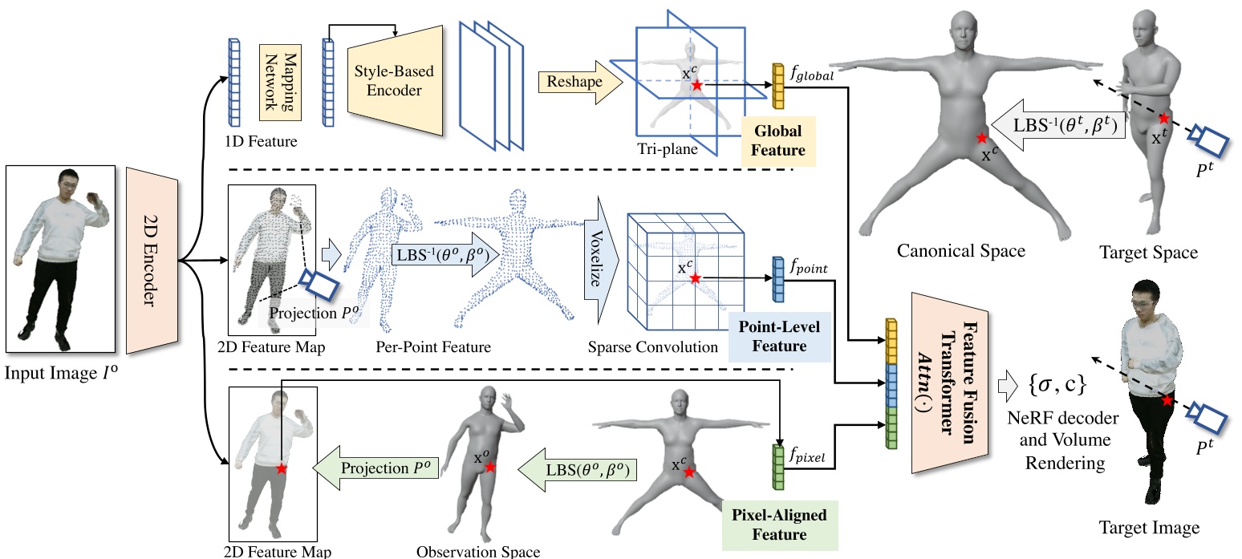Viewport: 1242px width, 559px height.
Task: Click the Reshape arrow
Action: click(572, 82)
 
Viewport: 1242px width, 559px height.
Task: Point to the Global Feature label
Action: click(777, 140)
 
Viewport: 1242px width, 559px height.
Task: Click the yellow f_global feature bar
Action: click(777, 86)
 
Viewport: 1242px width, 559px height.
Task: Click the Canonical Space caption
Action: click(962, 251)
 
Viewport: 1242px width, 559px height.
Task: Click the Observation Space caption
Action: click(478, 551)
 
